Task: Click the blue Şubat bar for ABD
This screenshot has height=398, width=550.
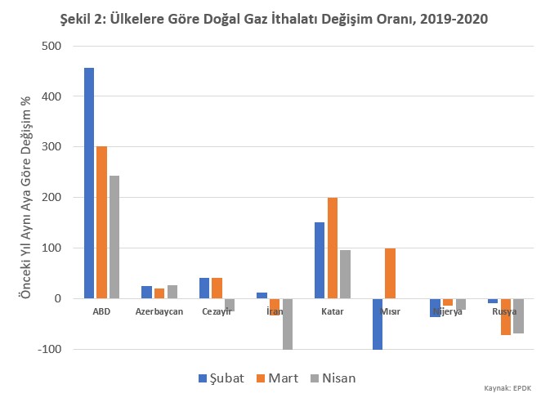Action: [89, 183]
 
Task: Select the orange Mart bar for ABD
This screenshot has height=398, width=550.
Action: [101, 222]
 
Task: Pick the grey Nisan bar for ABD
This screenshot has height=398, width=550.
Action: [114, 237]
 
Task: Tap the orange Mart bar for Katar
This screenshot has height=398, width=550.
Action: [333, 248]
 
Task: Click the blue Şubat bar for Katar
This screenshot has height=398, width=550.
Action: [320, 260]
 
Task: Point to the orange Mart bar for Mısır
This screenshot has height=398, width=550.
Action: [390, 273]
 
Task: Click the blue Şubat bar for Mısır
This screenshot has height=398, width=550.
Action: [377, 324]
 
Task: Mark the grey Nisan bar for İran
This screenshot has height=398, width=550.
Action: [288, 324]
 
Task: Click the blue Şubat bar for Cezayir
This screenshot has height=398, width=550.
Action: [204, 288]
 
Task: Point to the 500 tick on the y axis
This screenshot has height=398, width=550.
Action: [51, 46]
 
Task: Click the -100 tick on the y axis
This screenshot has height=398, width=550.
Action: [49, 349]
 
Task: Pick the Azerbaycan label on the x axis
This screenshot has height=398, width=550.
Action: [159, 311]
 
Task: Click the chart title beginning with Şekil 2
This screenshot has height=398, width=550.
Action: [275, 19]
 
